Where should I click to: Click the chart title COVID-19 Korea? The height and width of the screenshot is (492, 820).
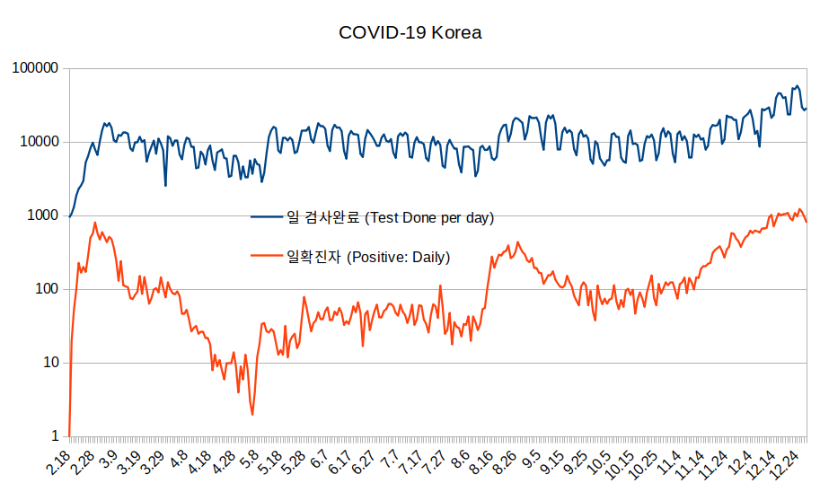(410, 33)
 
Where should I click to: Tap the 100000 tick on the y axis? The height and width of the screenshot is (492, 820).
(35, 68)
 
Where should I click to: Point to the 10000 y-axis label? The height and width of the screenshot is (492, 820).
(39, 142)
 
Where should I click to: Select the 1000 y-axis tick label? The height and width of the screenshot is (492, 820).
(42, 215)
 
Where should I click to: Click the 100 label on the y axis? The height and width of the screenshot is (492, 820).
(46, 289)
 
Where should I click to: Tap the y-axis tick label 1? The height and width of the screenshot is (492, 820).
(54, 436)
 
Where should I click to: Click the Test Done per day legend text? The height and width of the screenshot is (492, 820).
(390, 217)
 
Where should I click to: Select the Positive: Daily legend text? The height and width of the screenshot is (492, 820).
(367, 258)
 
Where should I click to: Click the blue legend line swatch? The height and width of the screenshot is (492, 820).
(267, 217)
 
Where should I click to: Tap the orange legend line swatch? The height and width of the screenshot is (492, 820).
(267, 258)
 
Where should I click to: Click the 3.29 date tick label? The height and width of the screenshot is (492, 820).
(153, 465)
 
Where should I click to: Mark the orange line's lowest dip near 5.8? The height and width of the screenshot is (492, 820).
(252, 414)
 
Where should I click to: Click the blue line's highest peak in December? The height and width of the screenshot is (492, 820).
(797, 86)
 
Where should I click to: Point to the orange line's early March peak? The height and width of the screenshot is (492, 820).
(95, 224)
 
